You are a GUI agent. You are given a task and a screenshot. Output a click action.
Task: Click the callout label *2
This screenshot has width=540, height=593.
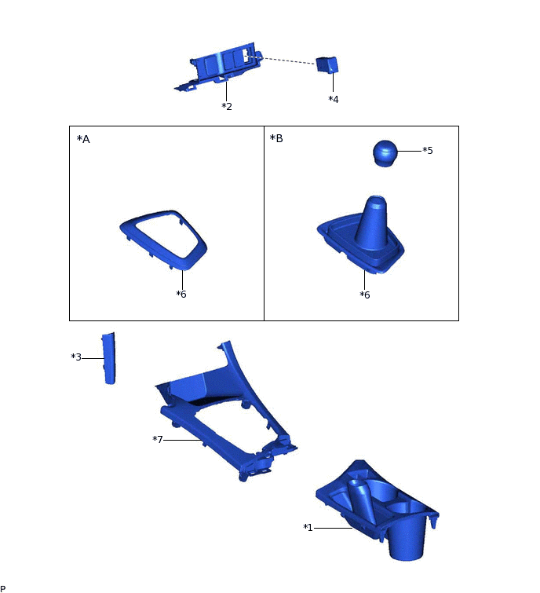[x=227, y=106]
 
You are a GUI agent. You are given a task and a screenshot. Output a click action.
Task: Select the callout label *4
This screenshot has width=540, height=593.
[x=334, y=100]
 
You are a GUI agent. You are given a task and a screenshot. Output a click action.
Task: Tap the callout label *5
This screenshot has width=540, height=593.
[x=428, y=150]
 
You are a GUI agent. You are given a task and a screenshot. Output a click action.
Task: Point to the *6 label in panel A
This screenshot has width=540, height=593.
[x=181, y=295]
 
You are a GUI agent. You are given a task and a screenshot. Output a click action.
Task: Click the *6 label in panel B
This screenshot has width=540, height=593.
[x=365, y=295]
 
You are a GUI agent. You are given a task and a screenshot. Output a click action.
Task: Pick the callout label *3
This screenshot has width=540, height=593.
[x=76, y=357]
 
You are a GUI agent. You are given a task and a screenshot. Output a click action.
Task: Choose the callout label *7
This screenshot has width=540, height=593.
[x=158, y=439]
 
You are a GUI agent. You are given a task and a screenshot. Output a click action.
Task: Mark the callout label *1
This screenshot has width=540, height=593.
[x=308, y=528]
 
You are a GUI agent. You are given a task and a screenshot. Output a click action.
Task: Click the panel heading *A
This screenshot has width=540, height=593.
[x=83, y=139]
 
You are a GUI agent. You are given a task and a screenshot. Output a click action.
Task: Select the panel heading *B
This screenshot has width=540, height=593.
[x=276, y=139]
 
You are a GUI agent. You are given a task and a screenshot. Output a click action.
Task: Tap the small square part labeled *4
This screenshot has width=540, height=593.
[x=326, y=64]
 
